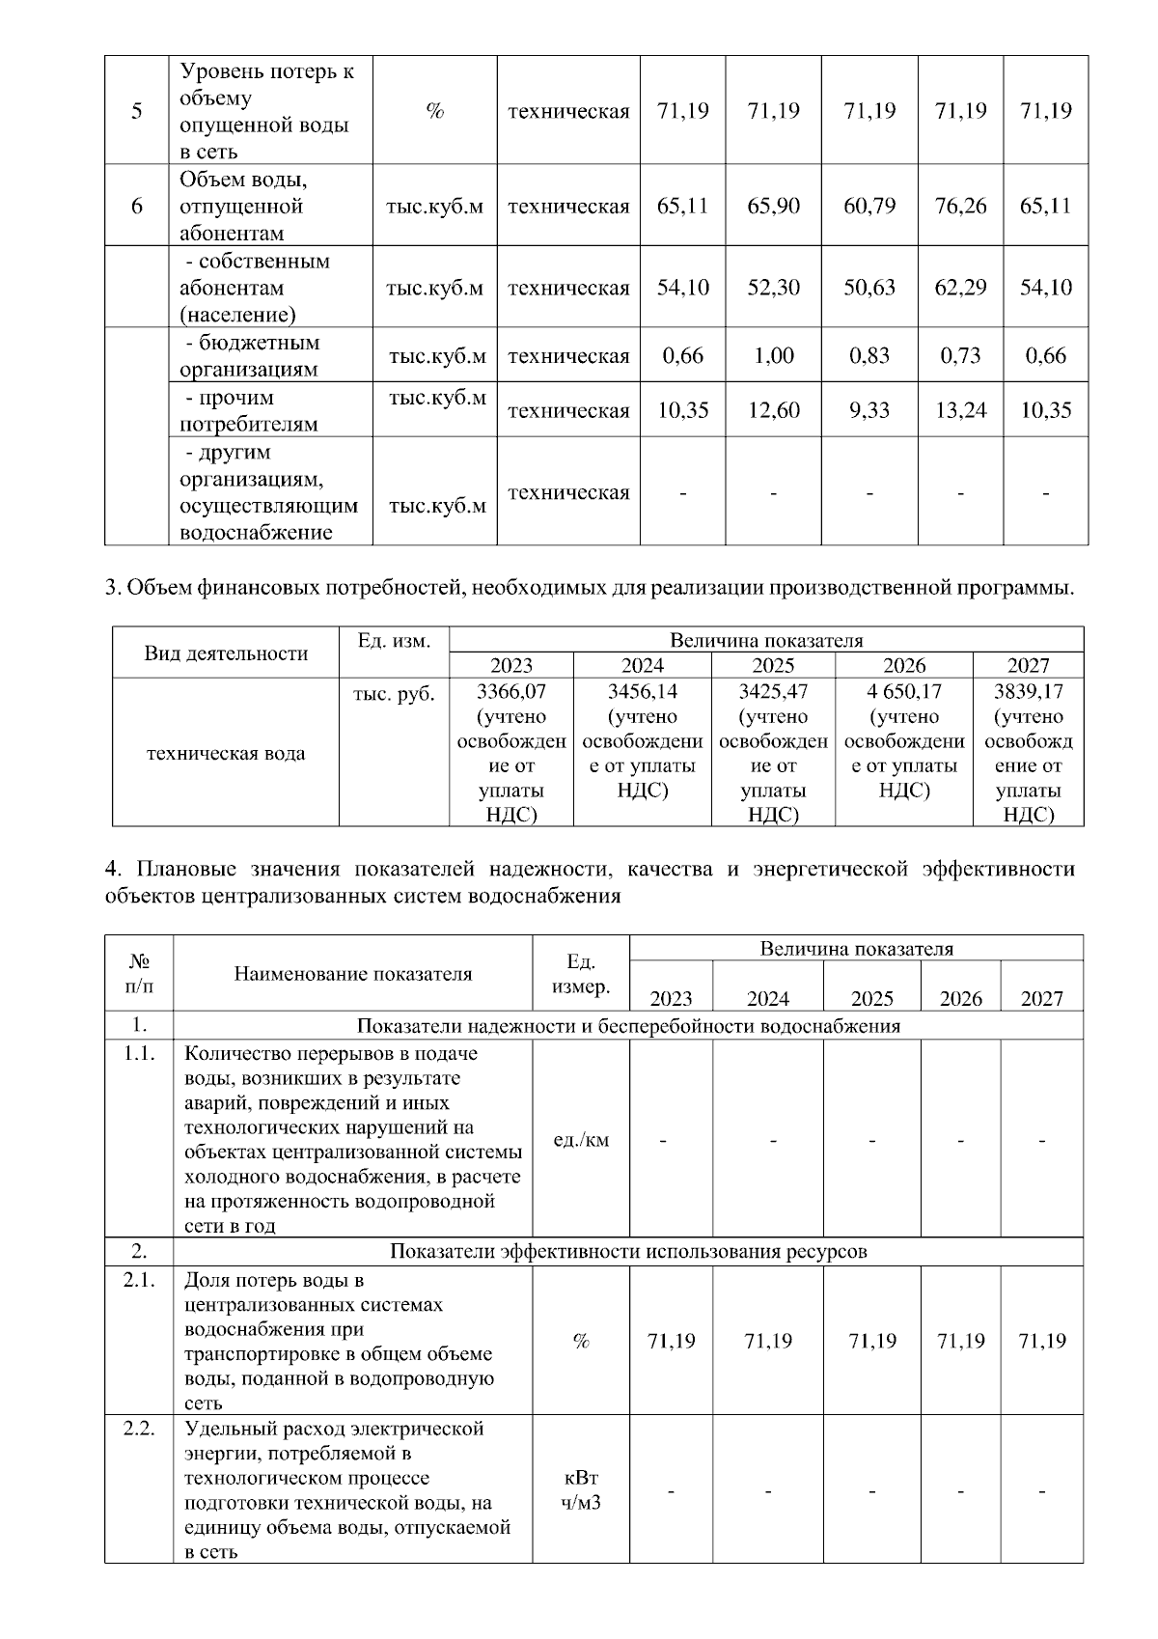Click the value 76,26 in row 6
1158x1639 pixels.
coord(960,207)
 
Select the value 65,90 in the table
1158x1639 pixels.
coord(774,207)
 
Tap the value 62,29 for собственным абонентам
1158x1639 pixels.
coord(960,288)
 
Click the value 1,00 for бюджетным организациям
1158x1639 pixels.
coord(774,355)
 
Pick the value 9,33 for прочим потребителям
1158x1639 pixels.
coord(869,410)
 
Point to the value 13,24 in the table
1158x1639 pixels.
coord(960,410)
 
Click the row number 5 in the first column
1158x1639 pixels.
coord(137,111)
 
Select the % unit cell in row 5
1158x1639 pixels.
coord(434,111)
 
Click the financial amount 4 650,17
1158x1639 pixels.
coord(904,692)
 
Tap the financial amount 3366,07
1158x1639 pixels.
coord(510,692)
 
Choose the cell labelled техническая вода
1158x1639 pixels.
coord(225,754)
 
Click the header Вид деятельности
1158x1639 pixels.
coord(225,653)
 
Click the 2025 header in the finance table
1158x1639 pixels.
coord(773,666)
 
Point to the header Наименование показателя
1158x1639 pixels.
coord(353,974)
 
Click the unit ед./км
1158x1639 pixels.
coord(581,1140)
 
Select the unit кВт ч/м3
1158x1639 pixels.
coord(581,1490)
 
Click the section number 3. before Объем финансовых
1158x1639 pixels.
coord(111,588)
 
